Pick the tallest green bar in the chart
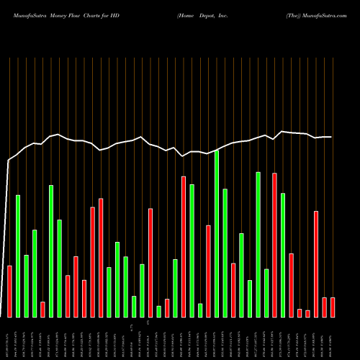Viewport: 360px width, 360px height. [217, 234]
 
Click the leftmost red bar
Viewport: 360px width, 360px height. [9, 292]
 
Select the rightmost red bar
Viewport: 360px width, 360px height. [333, 307]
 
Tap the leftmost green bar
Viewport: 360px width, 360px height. [18, 256]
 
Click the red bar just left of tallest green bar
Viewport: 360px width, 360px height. [209, 271]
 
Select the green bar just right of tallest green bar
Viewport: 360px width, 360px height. [225, 253]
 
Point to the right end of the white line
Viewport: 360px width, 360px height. [332, 137]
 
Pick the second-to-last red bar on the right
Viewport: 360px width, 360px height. [324, 307]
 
